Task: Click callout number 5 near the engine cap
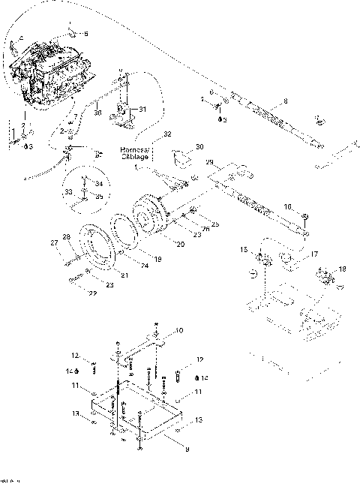tap(85, 34)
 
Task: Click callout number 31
tap(143, 110)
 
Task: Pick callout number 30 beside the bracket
tap(199, 147)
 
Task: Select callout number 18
tap(343, 268)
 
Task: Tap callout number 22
tap(91, 293)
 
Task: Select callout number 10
tap(179, 329)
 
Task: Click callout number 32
tap(167, 134)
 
